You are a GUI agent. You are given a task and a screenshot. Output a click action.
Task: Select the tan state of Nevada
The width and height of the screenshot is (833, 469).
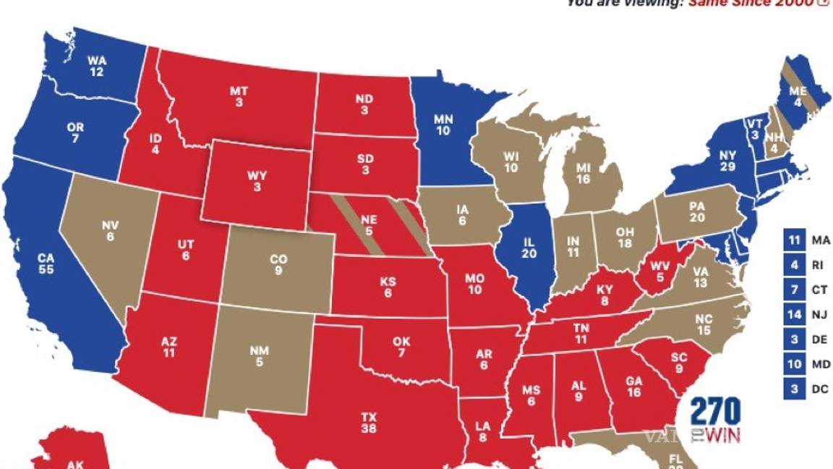[109, 231]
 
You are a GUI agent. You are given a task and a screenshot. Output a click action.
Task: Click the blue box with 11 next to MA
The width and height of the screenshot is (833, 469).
[794, 240]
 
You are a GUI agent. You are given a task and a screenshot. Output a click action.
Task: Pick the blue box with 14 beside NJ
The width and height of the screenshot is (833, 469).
[794, 315]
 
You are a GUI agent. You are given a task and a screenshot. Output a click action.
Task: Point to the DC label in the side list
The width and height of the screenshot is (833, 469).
[820, 390]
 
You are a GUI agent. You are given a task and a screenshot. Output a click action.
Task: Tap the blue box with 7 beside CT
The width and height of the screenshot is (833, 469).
[794, 290]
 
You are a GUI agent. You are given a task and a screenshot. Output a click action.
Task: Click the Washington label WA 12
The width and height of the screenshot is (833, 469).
[95, 66]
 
